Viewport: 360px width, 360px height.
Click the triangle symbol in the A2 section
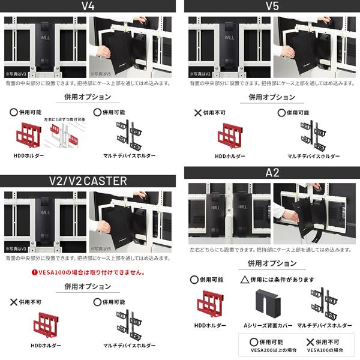pyautogui.click(x=244, y=280)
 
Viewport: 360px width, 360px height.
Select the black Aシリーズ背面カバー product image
pyautogui.click(x=268, y=305)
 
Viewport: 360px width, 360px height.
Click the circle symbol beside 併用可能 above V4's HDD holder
pyautogui.click(x=14, y=112)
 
